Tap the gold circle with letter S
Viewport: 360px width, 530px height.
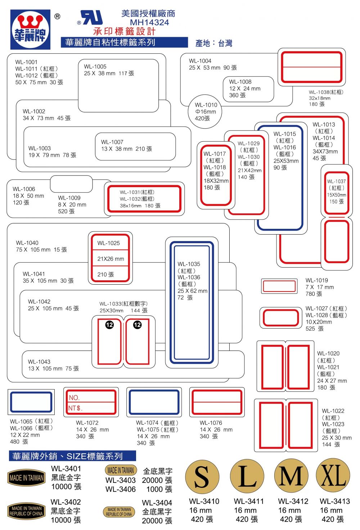click(x=202, y=476)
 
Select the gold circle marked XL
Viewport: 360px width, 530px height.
click(x=333, y=476)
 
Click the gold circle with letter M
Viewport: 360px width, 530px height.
click(x=291, y=476)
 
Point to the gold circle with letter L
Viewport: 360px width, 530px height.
click(x=247, y=476)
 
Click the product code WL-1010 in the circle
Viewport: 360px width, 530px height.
click(x=206, y=105)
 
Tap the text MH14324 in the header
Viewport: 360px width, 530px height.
click(x=149, y=22)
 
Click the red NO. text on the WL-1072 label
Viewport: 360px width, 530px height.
click(x=74, y=398)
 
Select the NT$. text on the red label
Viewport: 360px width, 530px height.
click(x=75, y=408)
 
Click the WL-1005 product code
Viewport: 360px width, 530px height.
click(x=95, y=67)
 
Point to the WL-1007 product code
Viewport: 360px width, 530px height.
click(x=112, y=142)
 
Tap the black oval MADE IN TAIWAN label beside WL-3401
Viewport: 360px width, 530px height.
click(x=26, y=478)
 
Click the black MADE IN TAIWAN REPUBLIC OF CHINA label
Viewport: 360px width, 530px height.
click(x=26, y=511)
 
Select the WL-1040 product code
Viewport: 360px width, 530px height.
click(x=27, y=243)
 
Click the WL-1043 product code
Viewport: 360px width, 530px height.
click(x=39, y=362)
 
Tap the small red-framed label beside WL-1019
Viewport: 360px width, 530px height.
click(x=279, y=286)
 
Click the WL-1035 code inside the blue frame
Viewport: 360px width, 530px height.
click(x=189, y=264)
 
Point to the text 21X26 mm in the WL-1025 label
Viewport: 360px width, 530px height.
click(x=111, y=259)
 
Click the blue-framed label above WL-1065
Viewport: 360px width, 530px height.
click(x=31, y=402)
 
